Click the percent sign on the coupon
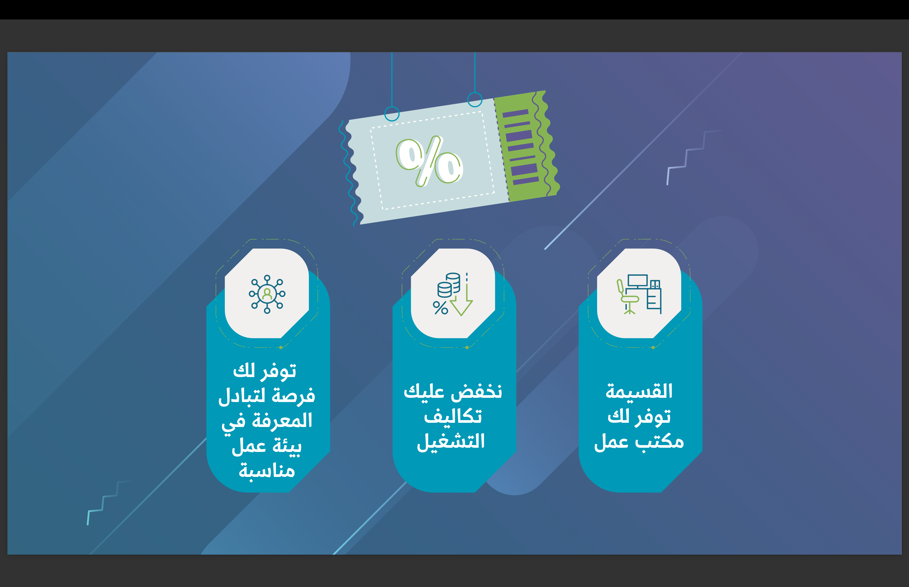430,161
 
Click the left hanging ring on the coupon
392,114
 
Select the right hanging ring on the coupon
475,100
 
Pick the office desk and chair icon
639,294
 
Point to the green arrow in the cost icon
462,299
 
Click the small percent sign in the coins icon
440,308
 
